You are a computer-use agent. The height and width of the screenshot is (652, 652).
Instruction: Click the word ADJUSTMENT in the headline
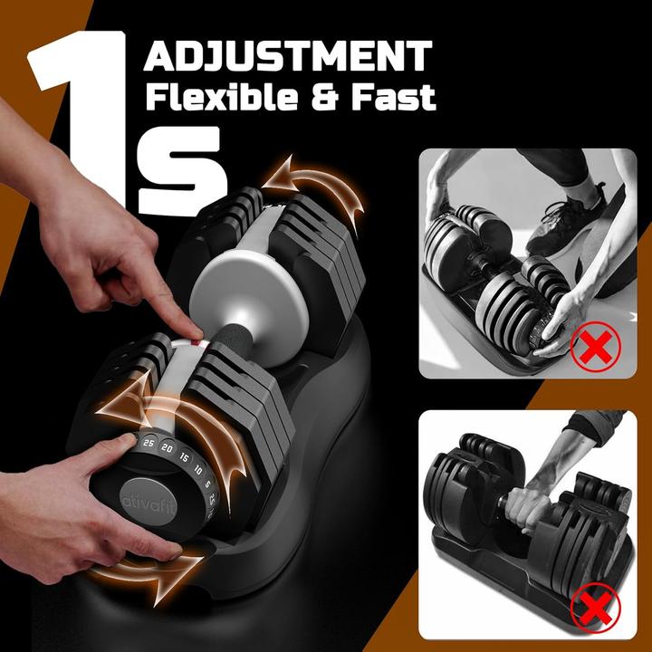pos(288,56)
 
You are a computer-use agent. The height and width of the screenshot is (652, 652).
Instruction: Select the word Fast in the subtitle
pos(393,98)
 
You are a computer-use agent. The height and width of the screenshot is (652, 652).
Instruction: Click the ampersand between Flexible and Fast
pos(324,98)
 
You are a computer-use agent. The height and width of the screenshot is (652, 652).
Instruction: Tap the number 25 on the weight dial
pos(148,443)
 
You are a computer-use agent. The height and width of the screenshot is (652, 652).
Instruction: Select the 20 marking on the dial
pos(167,448)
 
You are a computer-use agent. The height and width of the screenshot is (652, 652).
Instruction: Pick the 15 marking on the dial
pos(184,457)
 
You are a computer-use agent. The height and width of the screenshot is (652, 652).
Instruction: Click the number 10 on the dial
pos(198,470)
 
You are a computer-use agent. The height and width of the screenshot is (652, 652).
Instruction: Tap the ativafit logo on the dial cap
pos(149,503)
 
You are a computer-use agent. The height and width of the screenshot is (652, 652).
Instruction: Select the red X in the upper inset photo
pos(595,347)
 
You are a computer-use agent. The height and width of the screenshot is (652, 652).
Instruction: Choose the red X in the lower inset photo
pos(596,608)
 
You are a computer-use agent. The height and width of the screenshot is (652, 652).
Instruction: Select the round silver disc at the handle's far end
pos(249,307)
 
